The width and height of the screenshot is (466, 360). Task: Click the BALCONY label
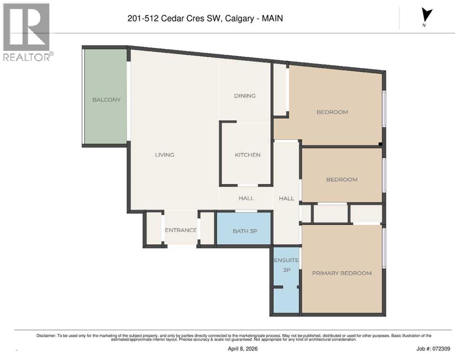pyautogui.click(x=106, y=99)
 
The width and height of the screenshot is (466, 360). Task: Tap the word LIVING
pyautogui.click(x=165, y=155)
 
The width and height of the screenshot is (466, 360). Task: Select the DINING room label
pyautogui.click(x=245, y=96)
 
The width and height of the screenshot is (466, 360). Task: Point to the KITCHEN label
pyautogui.click(x=248, y=155)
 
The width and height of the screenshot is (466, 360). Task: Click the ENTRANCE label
pyautogui.click(x=180, y=230)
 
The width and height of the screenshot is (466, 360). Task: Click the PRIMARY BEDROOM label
pyautogui.click(x=342, y=273)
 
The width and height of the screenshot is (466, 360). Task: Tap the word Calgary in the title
pyautogui.click(x=239, y=19)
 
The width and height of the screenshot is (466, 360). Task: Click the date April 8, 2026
pyautogui.click(x=241, y=349)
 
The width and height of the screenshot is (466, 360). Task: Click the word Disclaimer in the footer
pyautogui.click(x=46, y=336)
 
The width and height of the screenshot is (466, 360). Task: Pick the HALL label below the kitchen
pyautogui.click(x=246, y=198)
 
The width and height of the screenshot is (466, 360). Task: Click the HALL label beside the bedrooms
pyautogui.click(x=286, y=198)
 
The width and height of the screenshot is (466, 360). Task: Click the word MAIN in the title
pyautogui.click(x=273, y=19)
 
